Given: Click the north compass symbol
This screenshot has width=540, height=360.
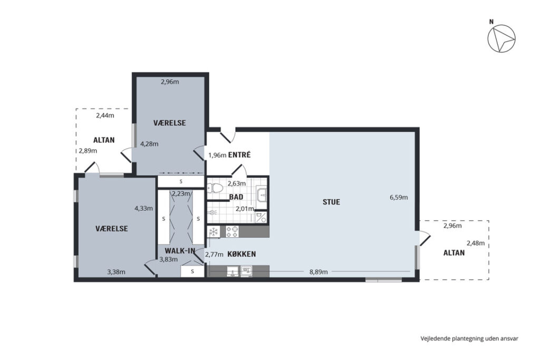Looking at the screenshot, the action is tap(502, 38).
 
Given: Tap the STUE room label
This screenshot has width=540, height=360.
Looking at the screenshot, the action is tap(331, 202).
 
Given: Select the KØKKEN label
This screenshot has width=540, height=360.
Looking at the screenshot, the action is tap(242, 255).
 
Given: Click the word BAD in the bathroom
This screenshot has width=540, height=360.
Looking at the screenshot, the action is tap(236, 197).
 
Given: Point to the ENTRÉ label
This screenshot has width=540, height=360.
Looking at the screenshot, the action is tap(240, 155).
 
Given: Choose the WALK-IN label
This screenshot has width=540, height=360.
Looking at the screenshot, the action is tap(180, 250).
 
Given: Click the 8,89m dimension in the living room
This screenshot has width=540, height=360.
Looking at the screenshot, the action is tap(319, 272).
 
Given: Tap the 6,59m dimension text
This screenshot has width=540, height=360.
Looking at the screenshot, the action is tap(399, 197).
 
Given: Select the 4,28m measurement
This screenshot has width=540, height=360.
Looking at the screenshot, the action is tap(149, 144).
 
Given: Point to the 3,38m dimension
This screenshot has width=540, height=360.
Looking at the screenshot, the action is tap(116, 272).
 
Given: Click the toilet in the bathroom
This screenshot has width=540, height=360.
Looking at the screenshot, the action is tap(215, 188).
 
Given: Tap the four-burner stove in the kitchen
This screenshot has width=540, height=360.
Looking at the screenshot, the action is tap(232, 231).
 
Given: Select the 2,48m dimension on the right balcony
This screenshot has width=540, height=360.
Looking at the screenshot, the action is tap(476, 243).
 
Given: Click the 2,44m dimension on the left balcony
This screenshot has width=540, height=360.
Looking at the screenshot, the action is tap(105, 115).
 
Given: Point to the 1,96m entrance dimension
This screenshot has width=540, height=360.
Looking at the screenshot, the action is tap(217, 155).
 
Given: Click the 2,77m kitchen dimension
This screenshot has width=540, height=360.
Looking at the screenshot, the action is tap(214, 255).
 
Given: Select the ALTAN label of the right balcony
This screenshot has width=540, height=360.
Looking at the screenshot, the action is tap(454, 253).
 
